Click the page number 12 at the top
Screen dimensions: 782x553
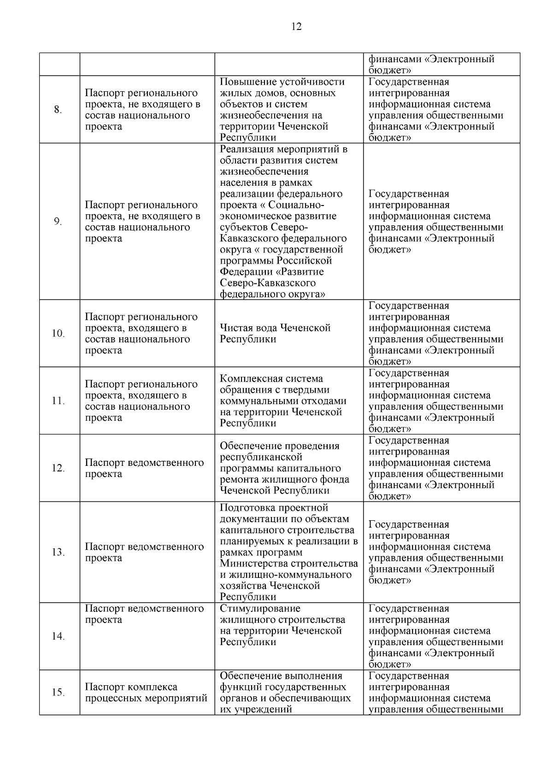pos(297,27)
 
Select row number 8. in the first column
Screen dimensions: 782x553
pos(58,110)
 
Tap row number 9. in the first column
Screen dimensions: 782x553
pos(58,222)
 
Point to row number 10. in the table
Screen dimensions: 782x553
pos(58,334)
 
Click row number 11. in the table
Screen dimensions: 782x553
pos(58,401)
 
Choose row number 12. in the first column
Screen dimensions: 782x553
pos(58,468)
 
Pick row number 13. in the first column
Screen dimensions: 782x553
pos(58,553)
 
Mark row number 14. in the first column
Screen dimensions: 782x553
pos(58,636)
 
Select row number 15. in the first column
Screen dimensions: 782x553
pos(58,693)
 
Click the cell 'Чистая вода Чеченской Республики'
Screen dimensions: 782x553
pos(275,334)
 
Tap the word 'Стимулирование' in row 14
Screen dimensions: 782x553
pos(260,609)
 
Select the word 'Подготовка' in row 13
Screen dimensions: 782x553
pos(248,508)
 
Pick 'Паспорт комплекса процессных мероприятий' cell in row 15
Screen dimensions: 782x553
pos(146,693)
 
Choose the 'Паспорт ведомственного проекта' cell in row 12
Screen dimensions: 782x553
pos(144,468)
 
